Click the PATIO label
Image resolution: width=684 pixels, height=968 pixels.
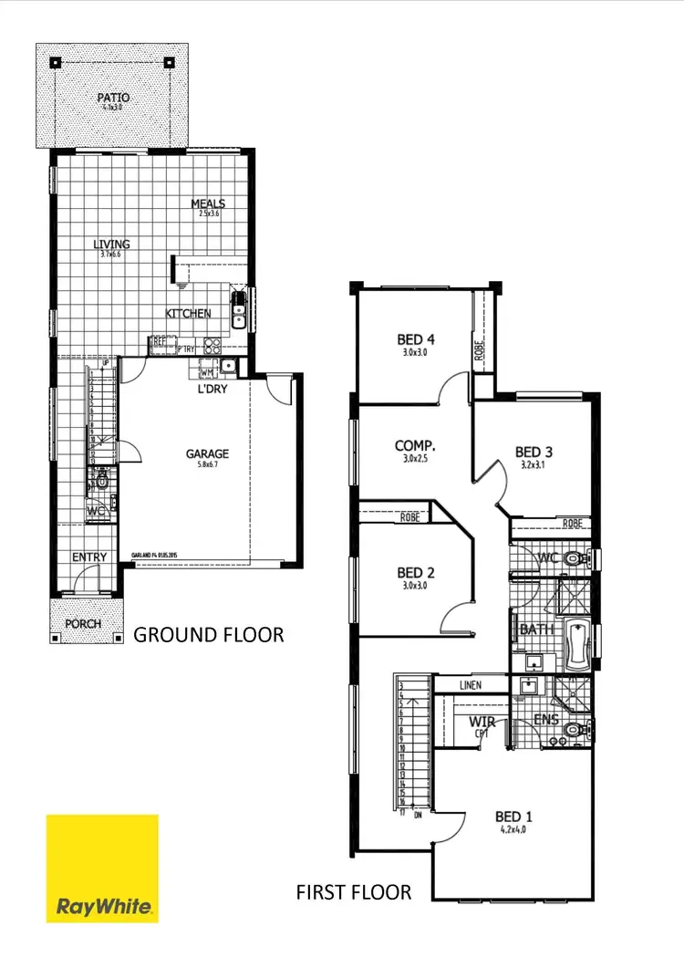113,97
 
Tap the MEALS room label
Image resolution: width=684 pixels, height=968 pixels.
208,203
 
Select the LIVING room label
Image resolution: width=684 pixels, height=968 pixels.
111,245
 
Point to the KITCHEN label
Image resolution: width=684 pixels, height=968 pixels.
188,313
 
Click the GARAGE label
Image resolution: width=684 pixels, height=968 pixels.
208,453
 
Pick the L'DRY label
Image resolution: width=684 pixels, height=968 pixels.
212,390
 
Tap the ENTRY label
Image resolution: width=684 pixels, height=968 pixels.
89,557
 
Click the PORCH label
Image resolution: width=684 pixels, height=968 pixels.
82,625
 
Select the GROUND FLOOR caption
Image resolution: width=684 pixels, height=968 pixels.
209,634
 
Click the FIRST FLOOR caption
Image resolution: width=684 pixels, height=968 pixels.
354,891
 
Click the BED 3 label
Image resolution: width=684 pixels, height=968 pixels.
534,452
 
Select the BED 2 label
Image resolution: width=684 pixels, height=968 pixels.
415,573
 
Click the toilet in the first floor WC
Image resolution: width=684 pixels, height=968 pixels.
574,557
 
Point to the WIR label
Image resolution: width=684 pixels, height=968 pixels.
482,723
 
